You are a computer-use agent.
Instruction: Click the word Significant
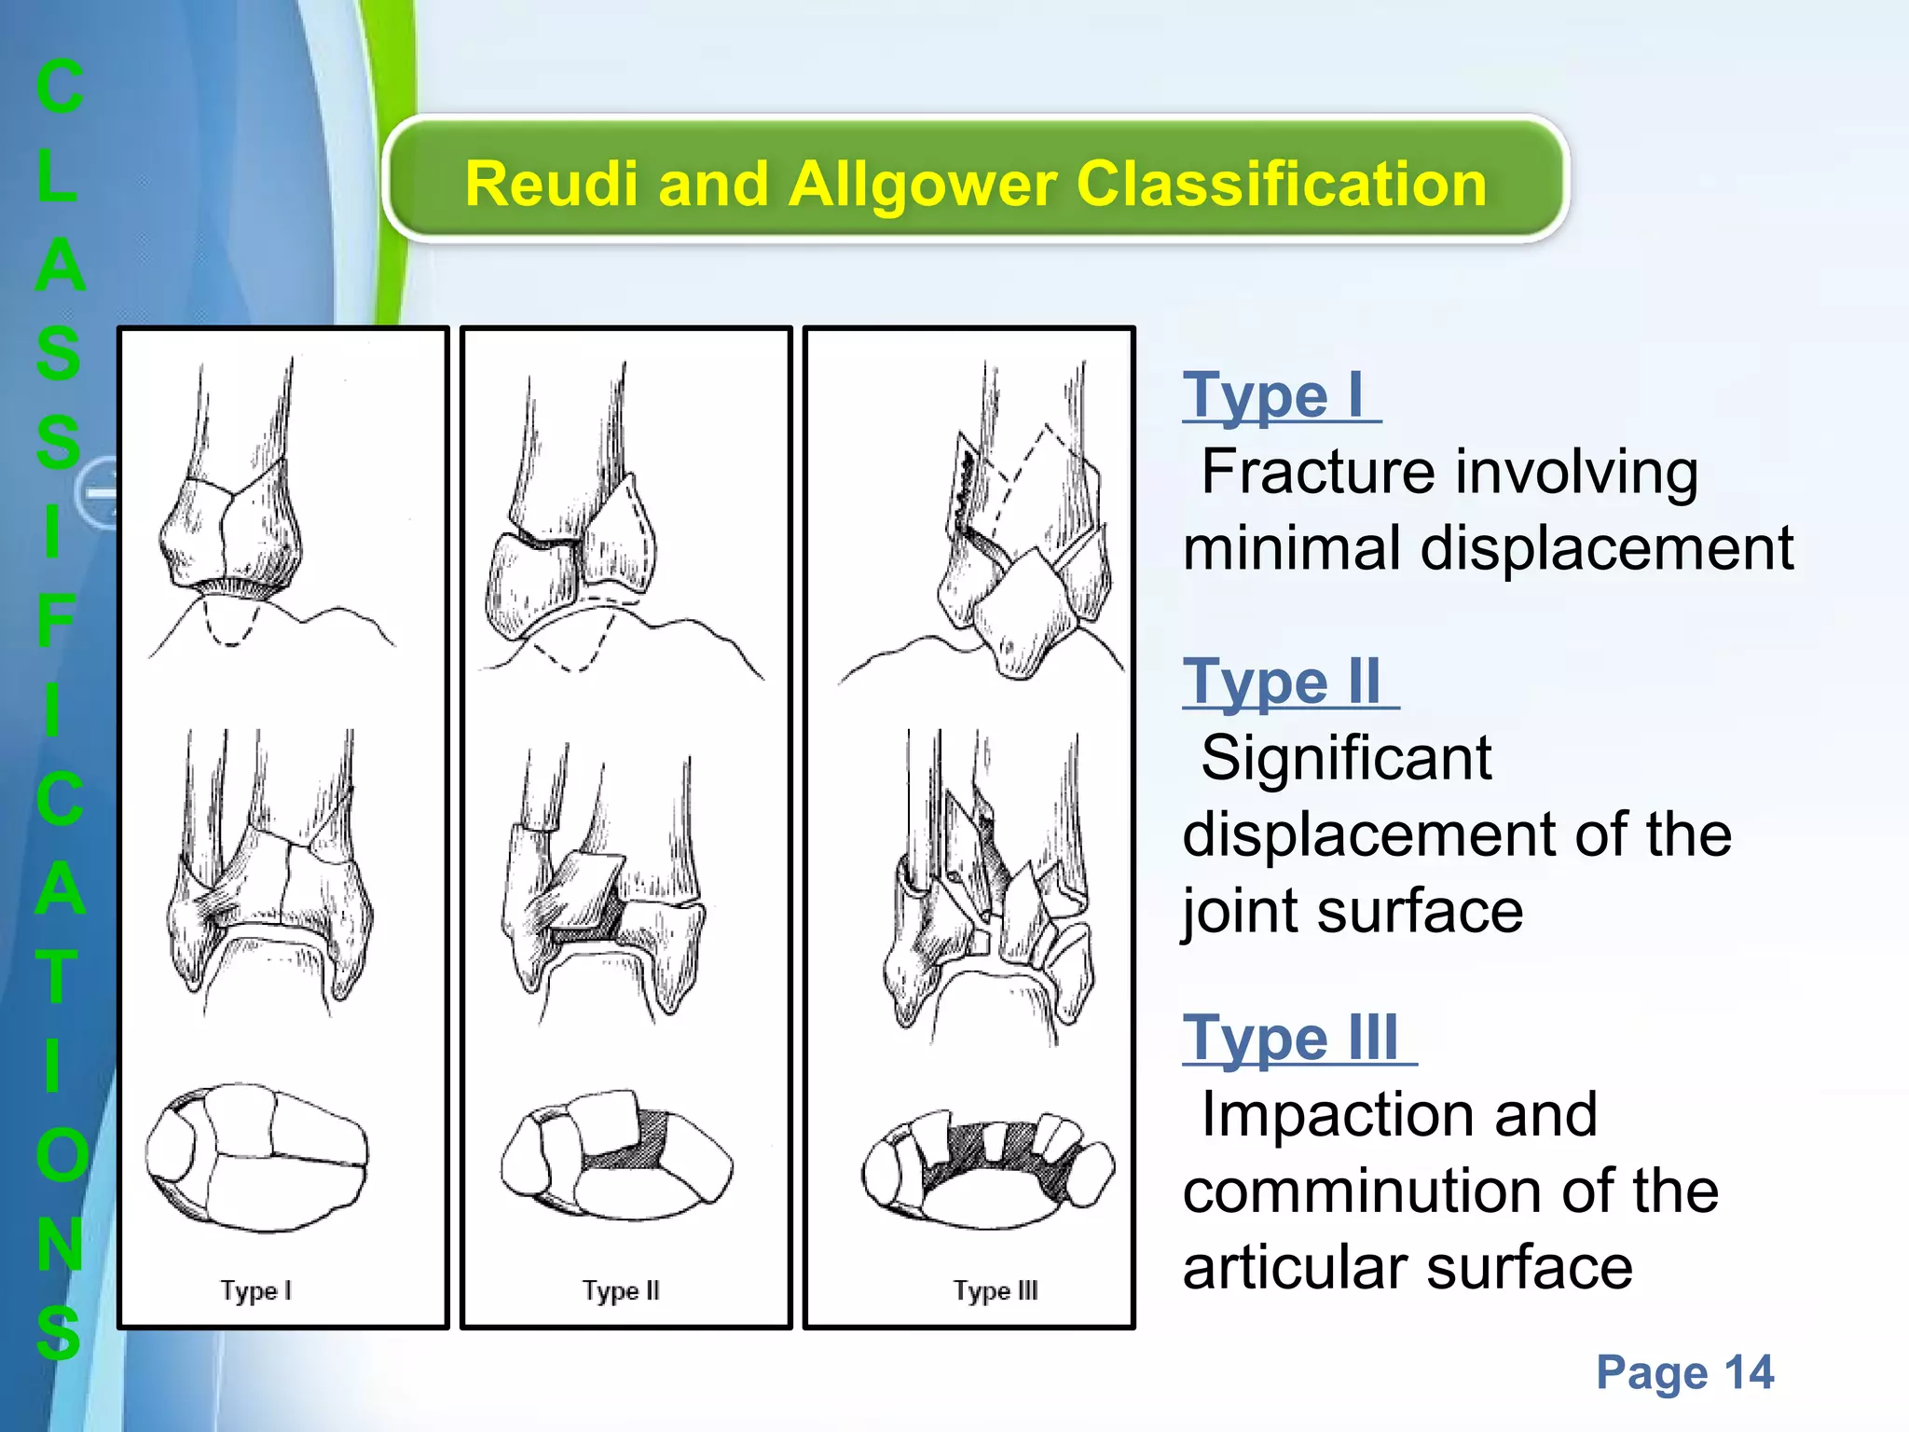[x=1346, y=758]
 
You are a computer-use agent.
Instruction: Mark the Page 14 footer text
[x=1684, y=1372]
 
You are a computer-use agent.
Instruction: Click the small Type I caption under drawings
[x=256, y=1291]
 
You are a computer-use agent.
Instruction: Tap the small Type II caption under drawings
[x=621, y=1291]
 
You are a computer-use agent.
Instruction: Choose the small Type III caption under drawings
[x=995, y=1291]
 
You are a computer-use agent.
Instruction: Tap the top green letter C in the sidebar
[x=60, y=88]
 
